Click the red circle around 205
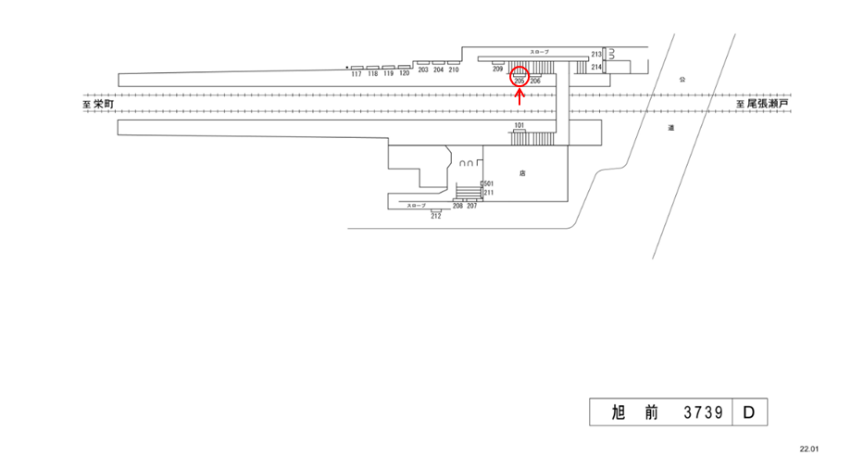tap(519, 76)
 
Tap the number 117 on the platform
tap(357, 74)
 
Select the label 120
tap(404, 73)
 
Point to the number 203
tap(423, 70)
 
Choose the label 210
tap(454, 70)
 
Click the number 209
tap(497, 70)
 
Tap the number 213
tap(596, 56)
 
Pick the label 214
tap(596, 68)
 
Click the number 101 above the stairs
tap(519, 125)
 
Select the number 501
tap(488, 183)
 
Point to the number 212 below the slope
tap(435, 216)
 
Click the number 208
tap(457, 205)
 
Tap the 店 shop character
tap(523, 173)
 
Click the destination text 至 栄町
tap(97, 105)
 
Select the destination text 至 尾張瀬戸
tap(762, 105)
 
